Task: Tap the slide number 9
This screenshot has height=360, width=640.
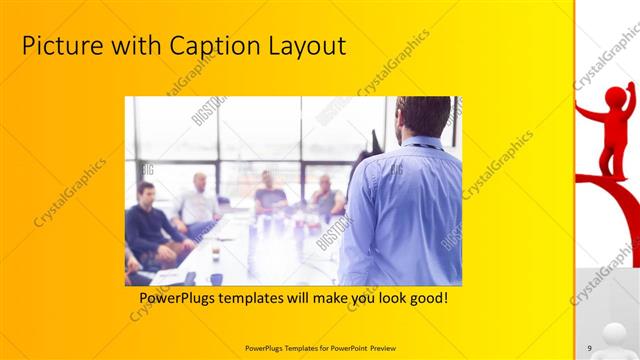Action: tap(589, 346)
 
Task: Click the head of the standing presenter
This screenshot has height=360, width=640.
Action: tap(423, 116)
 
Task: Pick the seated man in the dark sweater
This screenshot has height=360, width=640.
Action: tap(151, 225)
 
